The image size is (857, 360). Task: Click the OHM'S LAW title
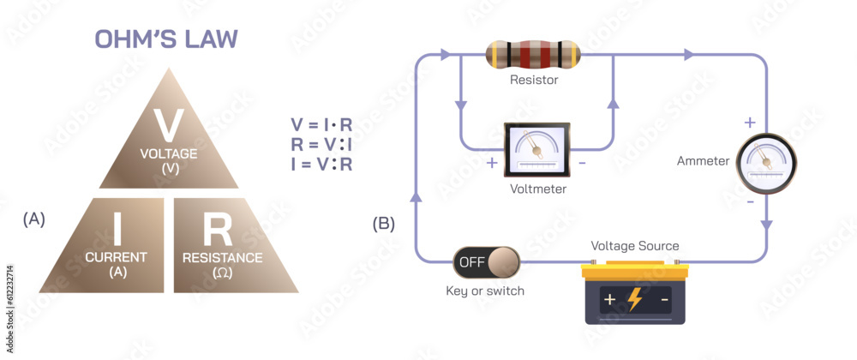166,40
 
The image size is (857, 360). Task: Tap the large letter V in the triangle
168,125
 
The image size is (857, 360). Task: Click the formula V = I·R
321,124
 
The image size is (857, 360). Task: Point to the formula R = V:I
321,144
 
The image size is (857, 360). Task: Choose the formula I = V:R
321,164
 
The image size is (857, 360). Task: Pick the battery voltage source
635,293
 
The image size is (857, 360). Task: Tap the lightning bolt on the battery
635,299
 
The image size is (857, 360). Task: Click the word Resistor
534,81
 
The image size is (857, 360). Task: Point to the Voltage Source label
635,246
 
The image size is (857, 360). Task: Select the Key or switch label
485,291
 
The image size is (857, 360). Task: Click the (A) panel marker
33,219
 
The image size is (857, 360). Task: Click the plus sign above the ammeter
749,123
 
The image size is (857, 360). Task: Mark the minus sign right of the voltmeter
582,163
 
